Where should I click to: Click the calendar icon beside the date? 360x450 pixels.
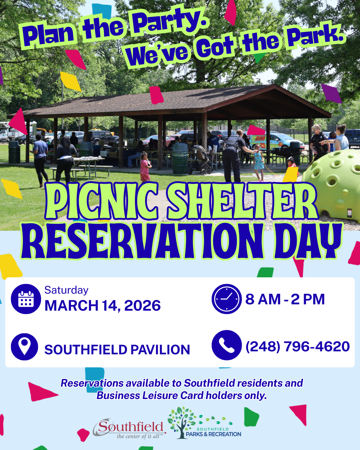point(26,299)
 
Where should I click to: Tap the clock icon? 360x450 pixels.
point(227,299)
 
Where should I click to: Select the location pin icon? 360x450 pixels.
point(24,346)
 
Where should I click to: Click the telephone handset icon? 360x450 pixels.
point(227,345)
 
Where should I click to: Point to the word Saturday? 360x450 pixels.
point(66,290)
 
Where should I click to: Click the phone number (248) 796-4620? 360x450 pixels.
point(297,346)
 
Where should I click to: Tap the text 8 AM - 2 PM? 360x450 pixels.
point(285,299)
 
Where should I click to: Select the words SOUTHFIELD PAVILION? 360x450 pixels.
point(117,350)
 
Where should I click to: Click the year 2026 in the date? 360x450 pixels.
point(142,306)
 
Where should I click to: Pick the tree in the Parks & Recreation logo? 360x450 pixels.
point(182,422)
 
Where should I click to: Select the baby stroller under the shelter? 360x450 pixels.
point(200,160)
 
